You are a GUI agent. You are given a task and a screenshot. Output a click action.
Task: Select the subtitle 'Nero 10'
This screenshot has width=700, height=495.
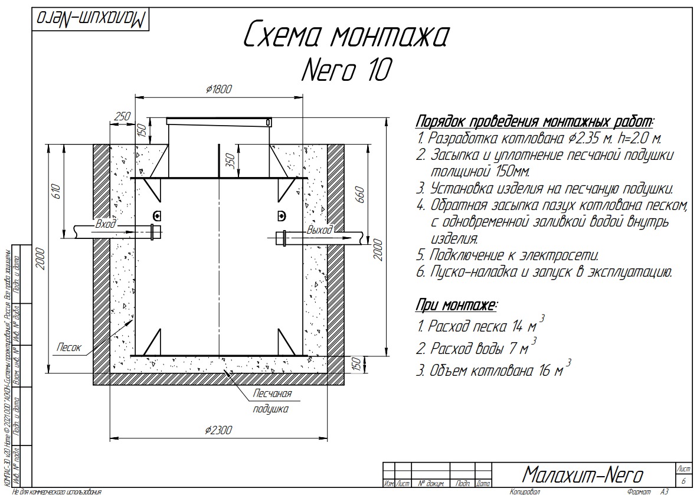[346, 70]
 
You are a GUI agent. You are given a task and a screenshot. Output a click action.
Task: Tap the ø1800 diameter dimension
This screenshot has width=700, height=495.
[219, 89]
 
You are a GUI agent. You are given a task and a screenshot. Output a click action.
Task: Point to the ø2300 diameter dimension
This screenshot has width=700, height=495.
[219, 430]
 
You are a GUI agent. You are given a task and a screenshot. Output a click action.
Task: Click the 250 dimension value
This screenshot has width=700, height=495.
[122, 116]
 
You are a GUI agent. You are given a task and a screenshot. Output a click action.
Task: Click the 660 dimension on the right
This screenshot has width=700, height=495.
[361, 195]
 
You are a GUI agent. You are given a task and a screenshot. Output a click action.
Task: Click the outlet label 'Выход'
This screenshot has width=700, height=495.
[319, 230]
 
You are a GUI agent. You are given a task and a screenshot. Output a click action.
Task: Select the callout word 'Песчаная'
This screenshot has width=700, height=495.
[273, 394]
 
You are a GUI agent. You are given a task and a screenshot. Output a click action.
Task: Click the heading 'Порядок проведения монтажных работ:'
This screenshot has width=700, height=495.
[535, 122]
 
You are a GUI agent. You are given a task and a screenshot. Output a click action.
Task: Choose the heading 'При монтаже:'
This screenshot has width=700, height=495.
[456, 306]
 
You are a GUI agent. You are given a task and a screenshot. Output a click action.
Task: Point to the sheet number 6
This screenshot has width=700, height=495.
[683, 481]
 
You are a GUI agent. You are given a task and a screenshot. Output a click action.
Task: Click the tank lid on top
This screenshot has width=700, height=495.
[219, 122]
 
